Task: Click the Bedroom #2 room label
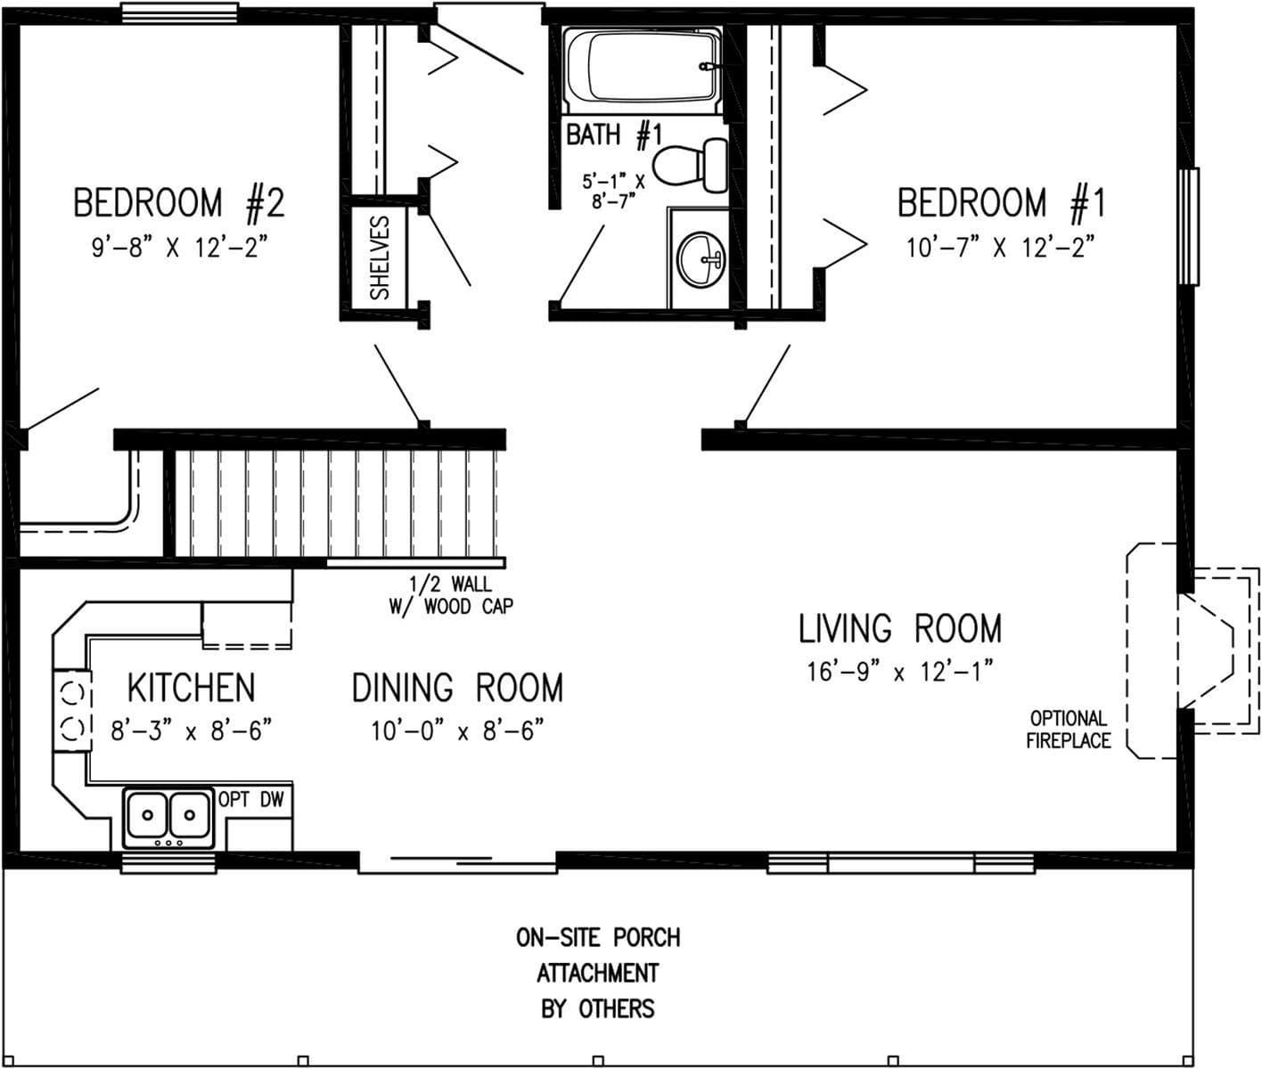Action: pos(178,203)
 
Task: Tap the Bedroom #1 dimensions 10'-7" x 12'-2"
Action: pos(1000,247)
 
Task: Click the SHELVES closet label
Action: pos(381,257)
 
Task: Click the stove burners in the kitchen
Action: pos(72,710)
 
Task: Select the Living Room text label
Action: pos(899,629)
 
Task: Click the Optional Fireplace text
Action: pos(1068,729)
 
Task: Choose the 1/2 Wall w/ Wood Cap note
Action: pos(450,595)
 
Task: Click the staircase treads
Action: pos(339,503)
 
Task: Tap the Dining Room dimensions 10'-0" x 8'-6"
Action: pos(457,731)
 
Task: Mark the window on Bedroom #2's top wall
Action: pos(179,12)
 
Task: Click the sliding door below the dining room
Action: pos(457,861)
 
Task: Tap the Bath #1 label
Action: pos(614,135)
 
